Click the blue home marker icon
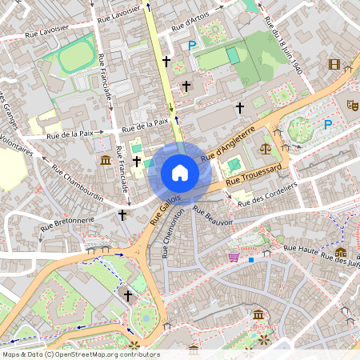point(179,173)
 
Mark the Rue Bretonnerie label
point(64,219)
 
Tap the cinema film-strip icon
point(334,64)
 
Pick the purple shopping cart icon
point(233,258)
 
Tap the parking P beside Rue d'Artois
point(191,46)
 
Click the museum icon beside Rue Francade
point(106,162)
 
